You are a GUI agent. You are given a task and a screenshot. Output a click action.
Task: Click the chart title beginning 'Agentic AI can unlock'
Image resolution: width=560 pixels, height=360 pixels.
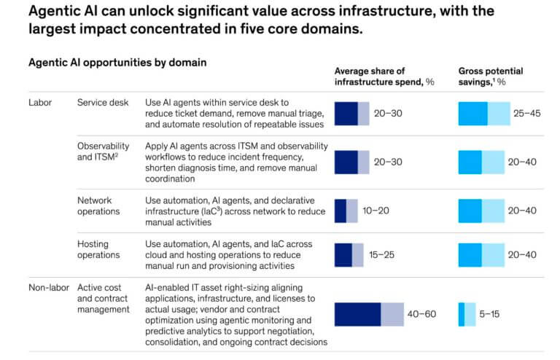click(262, 20)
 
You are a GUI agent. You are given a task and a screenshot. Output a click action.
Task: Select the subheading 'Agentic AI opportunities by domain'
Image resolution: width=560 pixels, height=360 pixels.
click(117, 63)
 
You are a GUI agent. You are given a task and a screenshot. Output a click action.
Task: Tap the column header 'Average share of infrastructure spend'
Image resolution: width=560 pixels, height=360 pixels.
click(384, 77)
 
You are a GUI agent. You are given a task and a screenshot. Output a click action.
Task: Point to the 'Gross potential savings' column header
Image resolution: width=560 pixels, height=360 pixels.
click(490, 77)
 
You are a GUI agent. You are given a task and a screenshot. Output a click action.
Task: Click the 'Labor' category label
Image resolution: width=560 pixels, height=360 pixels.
click(40, 103)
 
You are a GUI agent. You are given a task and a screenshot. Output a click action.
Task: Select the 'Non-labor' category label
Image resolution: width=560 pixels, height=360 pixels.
click(49, 288)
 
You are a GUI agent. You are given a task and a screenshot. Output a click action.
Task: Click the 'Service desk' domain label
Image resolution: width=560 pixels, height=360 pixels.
click(103, 103)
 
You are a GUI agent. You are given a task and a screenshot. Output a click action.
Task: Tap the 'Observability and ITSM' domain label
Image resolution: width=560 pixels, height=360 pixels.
click(104, 152)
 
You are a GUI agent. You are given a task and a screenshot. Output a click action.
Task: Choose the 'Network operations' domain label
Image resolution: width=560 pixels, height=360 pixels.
click(98, 206)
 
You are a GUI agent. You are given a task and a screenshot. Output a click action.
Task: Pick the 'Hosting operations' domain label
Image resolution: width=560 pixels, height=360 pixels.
click(98, 249)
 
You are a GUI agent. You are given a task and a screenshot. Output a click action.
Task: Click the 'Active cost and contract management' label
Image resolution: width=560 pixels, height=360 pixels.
click(104, 298)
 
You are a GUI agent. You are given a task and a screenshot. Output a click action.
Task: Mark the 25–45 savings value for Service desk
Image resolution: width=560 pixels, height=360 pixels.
click(526, 114)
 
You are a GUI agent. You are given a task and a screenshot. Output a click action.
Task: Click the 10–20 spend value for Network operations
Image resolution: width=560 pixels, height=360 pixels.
click(376, 211)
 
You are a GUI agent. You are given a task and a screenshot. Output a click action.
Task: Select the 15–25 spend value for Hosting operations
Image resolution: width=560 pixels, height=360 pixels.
click(381, 255)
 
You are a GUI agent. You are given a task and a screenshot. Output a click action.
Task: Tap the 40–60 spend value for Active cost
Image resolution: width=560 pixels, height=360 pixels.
click(421, 314)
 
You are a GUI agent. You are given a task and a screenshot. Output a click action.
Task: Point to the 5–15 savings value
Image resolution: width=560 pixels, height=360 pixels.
click(489, 314)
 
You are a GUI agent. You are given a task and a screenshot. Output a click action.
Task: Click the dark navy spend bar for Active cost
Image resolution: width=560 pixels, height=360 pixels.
click(357, 314)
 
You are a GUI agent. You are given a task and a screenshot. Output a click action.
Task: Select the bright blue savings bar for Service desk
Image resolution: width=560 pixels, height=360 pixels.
click(472, 114)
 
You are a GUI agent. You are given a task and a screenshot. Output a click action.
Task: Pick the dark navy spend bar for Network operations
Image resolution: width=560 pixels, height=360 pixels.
click(341, 211)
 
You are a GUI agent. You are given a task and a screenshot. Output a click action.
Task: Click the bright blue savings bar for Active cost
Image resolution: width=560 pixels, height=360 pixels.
click(462, 314)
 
